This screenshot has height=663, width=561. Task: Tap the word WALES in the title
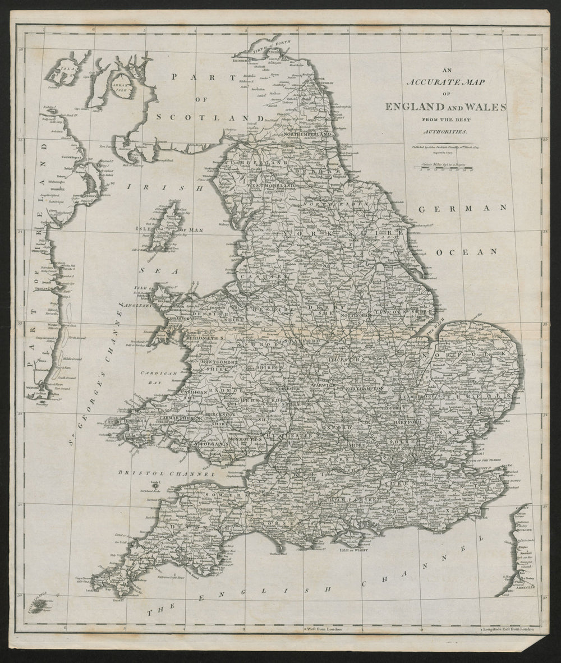click(x=485, y=107)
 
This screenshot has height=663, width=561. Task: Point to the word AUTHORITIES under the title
click(x=444, y=131)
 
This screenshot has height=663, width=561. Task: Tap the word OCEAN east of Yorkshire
click(x=466, y=252)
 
